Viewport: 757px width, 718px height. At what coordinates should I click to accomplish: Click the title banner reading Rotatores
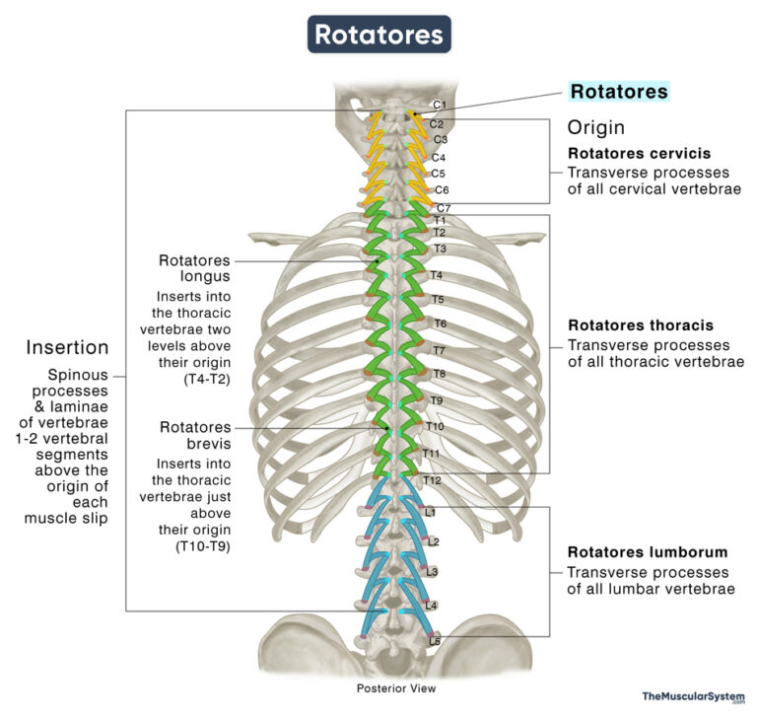[378, 35]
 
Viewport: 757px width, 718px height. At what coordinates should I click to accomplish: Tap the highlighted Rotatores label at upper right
[619, 92]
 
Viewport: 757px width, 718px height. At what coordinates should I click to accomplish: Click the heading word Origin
[595, 127]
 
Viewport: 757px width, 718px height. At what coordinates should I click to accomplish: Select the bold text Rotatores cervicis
[639, 154]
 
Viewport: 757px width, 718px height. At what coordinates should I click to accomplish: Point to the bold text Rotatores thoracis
[640, 325]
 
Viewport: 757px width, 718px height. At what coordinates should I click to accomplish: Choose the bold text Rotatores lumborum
[647, 552]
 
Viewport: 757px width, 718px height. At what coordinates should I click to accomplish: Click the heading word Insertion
[68, 347]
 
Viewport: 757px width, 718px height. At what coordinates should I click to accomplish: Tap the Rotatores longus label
[194, 268]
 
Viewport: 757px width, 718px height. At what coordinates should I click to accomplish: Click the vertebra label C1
[440, 106]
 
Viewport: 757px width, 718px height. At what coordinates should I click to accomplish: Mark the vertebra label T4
[437, 275]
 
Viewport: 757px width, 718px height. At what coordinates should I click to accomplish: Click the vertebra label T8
[439, 375]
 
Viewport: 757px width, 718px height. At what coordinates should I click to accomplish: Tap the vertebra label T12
[432, 480]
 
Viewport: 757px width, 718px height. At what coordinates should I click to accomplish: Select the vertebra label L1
[431, 513]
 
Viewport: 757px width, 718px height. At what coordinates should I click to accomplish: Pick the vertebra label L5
[434, 642]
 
